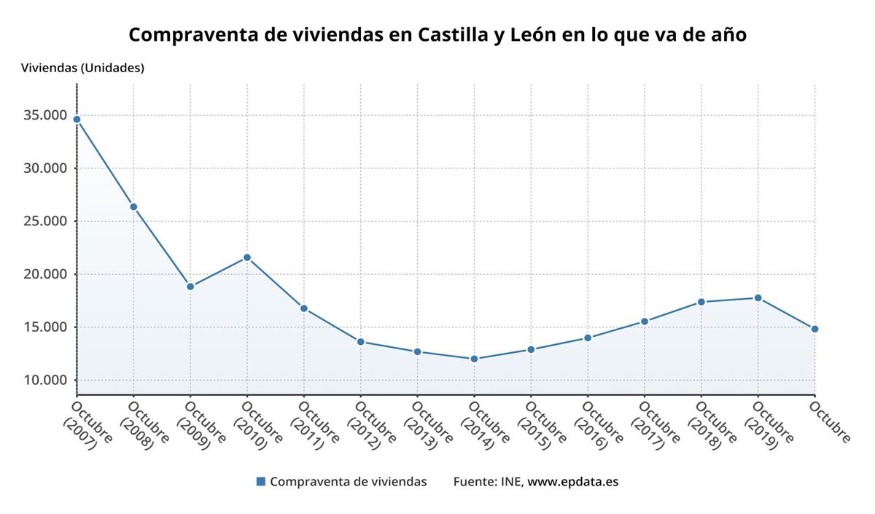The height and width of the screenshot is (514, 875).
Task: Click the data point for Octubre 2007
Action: (x=77, y=119)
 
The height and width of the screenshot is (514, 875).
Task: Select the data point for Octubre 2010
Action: (x=247, y=257)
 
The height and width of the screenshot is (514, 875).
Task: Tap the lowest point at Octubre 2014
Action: (x=474, y=359)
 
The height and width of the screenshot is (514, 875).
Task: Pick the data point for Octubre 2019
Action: (x=758, y=297)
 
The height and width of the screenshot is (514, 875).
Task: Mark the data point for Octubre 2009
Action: (x=190, y=287)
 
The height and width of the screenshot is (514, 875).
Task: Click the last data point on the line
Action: (x=814, y=329)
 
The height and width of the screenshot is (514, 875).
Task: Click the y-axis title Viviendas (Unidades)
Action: (x=83, y=68)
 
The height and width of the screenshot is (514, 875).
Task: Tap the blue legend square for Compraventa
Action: (x=261, y=481)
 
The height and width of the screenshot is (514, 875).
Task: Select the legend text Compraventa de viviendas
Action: (x=348, y=481)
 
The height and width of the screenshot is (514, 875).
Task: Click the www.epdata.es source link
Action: (x=572, y=481)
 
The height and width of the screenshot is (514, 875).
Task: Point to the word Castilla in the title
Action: (x=456, y=34)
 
